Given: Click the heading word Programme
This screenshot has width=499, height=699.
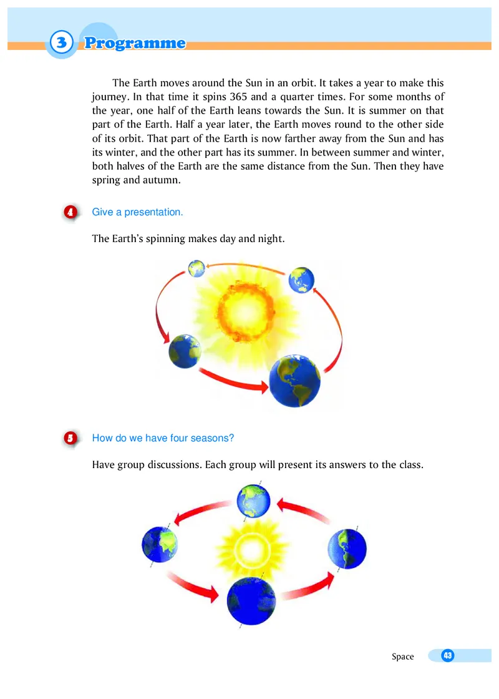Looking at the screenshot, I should click(x=135, y=43).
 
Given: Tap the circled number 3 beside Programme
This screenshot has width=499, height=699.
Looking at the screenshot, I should click(x=61, y=43).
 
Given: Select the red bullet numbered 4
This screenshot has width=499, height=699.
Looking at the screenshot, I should click(x=71, y=212).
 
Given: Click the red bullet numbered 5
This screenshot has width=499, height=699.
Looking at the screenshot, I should click(x=71, y=438).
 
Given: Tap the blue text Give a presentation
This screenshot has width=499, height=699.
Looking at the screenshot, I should click(x=137, y=212).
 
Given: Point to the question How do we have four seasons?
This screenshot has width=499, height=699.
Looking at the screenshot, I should click(x=163, y=438).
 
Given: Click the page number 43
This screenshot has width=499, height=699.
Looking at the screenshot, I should click(x=447, y=655).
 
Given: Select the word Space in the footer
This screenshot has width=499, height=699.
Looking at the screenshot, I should click(x=402, y=656).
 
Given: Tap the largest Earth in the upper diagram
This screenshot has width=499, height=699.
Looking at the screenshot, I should click(x=294, y=381).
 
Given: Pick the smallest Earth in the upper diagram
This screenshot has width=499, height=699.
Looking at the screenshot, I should click(x=197, y=269).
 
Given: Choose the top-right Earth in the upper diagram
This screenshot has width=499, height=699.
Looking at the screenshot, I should click(x=301, y=279).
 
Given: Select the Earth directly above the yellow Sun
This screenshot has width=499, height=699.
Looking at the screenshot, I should click(x=253, y=501).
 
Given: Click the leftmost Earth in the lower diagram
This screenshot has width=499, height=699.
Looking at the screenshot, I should click(x=160, y=545).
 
